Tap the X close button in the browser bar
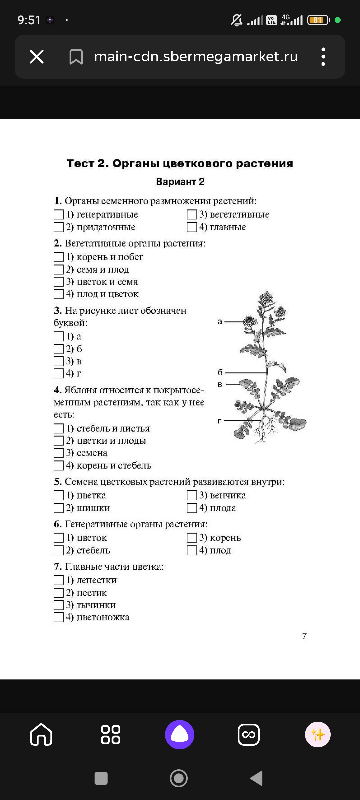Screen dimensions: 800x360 tap(37, 56)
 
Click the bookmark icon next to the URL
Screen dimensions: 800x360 tap(76, 57)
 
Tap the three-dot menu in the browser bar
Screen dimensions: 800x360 tap(323, 56)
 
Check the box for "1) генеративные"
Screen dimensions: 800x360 tap(59, 214)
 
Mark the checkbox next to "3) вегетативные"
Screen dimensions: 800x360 tap(192, 214)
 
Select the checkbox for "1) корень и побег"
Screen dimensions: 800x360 tap(59, 257)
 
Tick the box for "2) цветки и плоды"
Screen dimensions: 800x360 tap(59, 441)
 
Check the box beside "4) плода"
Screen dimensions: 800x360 tap(192, 508)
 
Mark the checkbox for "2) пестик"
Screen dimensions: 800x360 tap(59, 593)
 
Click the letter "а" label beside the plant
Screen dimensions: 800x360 tap(220, 322)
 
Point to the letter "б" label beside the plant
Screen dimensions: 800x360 tap(220, 372)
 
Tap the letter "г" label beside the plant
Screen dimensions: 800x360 tap(219, 421)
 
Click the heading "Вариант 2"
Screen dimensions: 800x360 tap(180, 182)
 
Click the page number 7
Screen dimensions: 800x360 tap(304, 636)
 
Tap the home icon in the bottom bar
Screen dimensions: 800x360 tap(41, 734)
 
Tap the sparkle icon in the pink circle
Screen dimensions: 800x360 tap(318, 734)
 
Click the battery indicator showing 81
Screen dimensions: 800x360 tap(318, 20)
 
